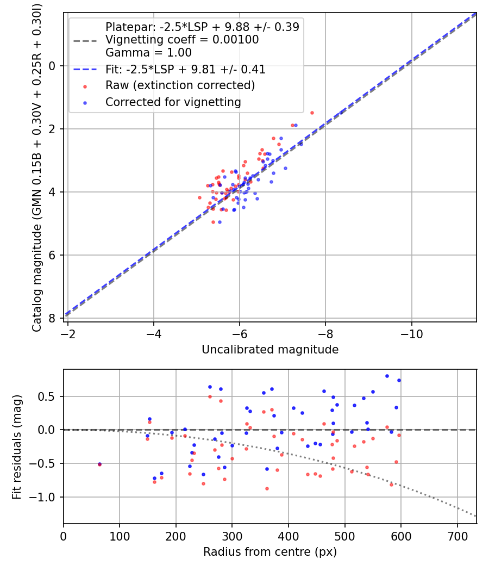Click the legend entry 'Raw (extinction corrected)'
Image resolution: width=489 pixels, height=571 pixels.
[180, 85]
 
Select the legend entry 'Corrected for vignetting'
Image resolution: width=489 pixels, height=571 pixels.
[173, 102]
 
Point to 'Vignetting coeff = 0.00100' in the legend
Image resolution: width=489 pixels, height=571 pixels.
[182, 40]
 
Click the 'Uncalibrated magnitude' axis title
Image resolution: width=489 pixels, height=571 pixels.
[270, 350]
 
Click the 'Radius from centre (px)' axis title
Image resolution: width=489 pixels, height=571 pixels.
[270, 552]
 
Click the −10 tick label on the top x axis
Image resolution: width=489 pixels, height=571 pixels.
[411, 333]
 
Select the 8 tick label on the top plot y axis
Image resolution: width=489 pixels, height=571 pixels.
[53, 318]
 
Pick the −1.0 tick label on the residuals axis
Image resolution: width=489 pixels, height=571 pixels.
[46, 497]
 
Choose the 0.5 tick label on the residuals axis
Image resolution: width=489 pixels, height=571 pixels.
[49, 396]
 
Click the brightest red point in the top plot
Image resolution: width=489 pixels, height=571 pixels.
[312, 113]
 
